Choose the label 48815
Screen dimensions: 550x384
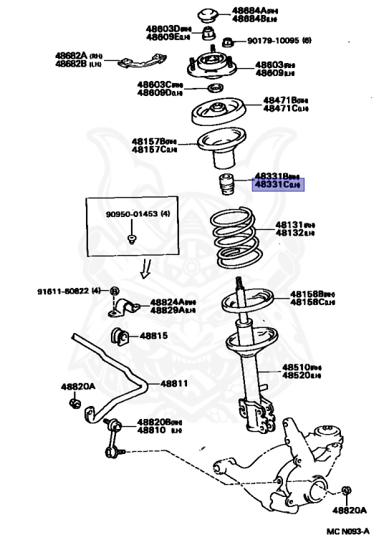(153, 335)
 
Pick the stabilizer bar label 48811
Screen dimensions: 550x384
(173, 383)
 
